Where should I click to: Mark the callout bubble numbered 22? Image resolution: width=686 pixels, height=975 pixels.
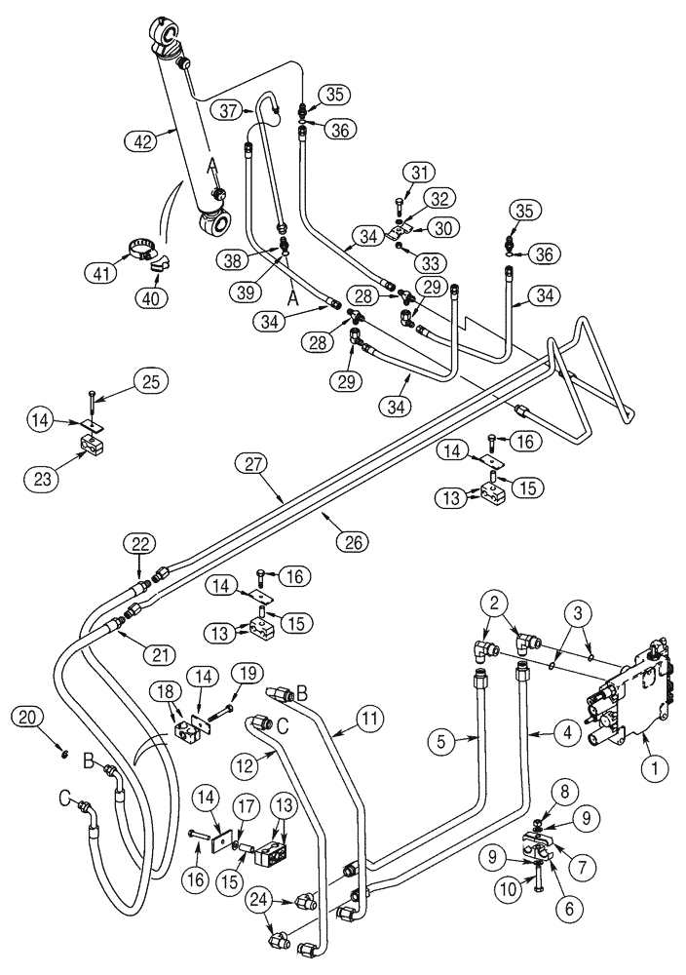(x=139, y=542)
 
